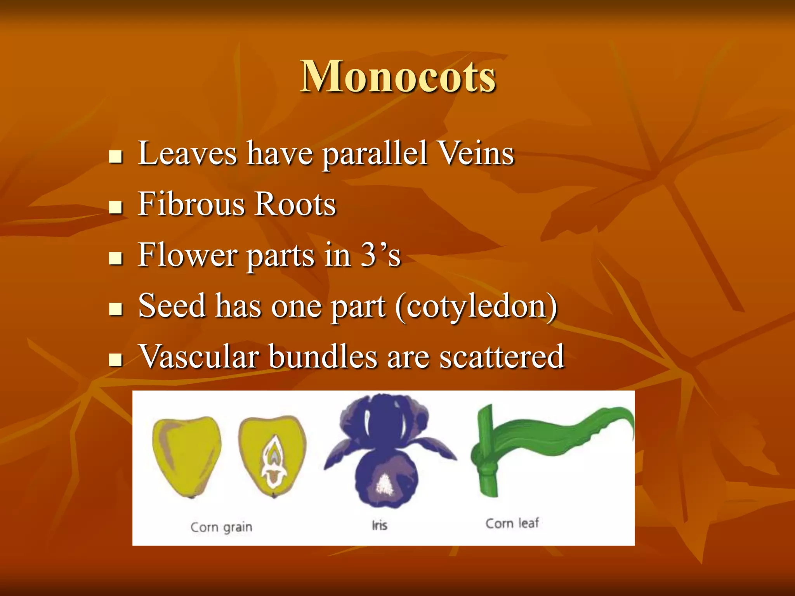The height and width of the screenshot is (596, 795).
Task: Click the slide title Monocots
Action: coord(397,76)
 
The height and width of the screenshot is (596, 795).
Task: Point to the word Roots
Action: coord(295,204)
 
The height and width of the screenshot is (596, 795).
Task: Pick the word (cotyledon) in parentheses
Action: coord(476,307)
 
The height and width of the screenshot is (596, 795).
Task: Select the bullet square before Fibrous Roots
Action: coord(115,207)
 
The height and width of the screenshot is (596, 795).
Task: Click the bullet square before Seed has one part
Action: coord(115,309)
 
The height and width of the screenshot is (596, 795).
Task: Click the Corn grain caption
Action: coord(221,527)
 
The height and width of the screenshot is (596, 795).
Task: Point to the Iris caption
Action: coord(379,525)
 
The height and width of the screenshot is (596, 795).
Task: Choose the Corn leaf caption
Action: coord(512,523)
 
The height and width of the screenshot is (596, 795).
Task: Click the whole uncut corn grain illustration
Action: coord(186,456)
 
